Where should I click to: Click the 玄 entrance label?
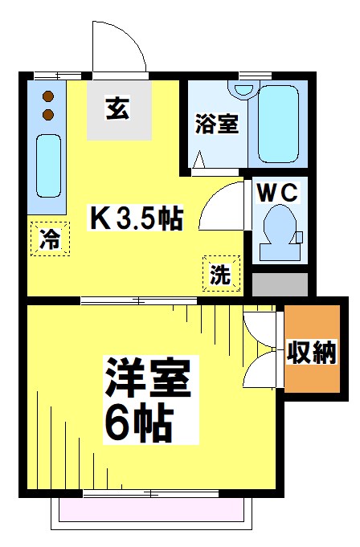coord(118,109)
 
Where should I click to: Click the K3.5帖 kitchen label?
coord(136,217)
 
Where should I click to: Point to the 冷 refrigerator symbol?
coord(50,239)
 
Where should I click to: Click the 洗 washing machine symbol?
coord(220,273)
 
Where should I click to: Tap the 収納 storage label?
coord(312,352)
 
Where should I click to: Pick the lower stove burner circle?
coord(47,114)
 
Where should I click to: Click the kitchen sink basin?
coord(48,166)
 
